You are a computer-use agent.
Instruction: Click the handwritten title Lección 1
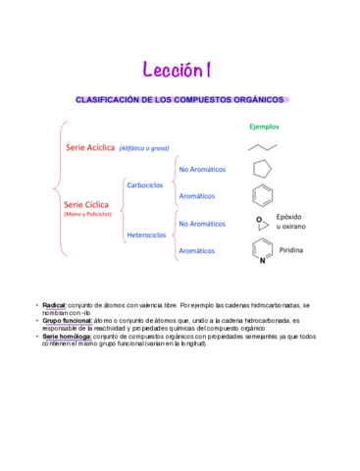point(179,70)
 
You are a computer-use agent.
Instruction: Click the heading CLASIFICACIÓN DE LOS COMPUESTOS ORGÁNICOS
point(180,100)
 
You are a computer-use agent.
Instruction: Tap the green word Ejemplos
point(264,127)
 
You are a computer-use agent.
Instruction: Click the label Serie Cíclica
point(87,204)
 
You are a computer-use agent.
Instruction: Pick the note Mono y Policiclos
point(87,214)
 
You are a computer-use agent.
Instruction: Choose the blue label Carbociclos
point(145,184)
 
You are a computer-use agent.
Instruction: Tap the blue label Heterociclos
point(148,235)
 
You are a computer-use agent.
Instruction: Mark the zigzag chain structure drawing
point(261,145)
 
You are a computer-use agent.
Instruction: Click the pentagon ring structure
point(262,169)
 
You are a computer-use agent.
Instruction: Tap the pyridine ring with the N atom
point(262,251)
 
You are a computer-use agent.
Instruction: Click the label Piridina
point(291,251)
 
